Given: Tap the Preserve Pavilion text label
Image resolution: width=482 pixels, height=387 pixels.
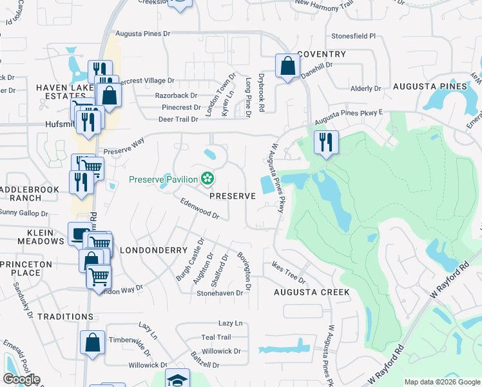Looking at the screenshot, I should click(x=164, y=179).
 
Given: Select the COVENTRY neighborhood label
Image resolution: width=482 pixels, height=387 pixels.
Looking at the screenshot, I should click(x=322, y=55).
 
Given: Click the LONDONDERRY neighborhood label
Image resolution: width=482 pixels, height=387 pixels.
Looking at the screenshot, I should click(x=153, y=250).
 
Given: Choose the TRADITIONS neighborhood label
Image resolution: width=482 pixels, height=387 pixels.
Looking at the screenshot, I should click(x=47, y=317).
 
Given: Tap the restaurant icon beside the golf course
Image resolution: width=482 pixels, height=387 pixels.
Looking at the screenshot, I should click(x=326, y=141).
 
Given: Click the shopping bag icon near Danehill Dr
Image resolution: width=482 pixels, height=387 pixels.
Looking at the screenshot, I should click(x=287, y=65).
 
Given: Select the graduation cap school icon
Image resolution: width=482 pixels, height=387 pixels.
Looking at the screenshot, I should click(x=177, y=379).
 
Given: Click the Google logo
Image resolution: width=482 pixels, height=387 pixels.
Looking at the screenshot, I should click(x=21, y=379).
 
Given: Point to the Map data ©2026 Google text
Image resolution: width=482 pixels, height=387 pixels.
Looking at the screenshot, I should click(x=442, y=382).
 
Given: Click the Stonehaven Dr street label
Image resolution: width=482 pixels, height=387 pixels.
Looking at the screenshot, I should click(x=220, y=292).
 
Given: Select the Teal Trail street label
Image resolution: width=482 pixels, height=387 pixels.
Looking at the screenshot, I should click(x=215, y=337).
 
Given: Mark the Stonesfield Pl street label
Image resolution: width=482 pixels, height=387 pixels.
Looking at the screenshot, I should click(x=353, y=37).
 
